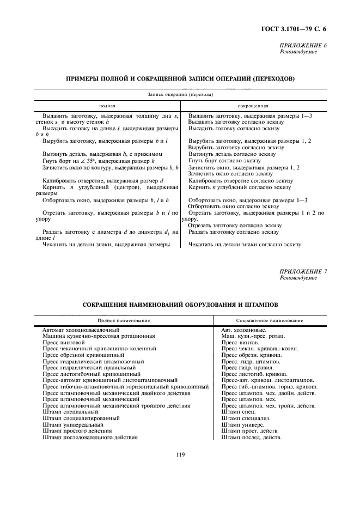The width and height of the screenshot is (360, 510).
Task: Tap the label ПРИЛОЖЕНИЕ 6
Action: click(303, 45)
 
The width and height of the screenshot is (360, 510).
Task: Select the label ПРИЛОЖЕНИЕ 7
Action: click(303, 271)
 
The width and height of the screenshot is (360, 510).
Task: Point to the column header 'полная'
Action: click(107, 106)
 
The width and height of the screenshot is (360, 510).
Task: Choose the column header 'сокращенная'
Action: click(253, 106)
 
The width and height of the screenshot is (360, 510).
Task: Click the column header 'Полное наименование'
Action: click(123, 320)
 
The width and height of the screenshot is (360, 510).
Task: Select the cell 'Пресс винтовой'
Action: click(64, 342)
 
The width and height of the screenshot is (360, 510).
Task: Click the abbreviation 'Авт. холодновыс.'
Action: click(244, 330)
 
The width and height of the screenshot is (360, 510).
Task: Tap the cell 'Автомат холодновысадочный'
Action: click(81, 330)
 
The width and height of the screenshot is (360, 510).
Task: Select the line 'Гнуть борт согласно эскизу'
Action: click(224, 161)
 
